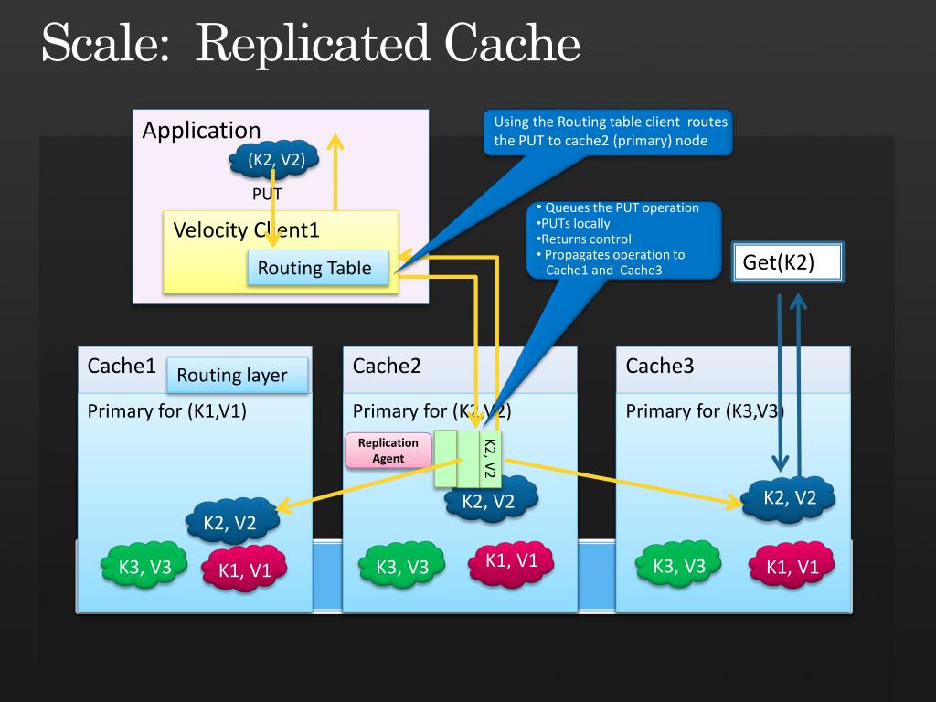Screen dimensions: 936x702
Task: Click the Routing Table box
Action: tap(318, 268)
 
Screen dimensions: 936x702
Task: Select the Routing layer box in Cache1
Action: tap(237, 375)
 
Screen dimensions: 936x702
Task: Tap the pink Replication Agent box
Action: tap(388, 450)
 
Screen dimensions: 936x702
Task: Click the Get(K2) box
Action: tap(787, 262)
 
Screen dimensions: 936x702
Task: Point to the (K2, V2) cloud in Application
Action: tap(274, 159)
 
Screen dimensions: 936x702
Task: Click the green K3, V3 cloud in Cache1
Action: tap(144, 565)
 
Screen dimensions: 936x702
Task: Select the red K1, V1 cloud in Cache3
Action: tap(792, 565)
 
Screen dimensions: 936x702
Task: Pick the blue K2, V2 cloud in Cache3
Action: tap(788, 498)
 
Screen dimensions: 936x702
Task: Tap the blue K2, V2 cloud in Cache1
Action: tap(232, 522)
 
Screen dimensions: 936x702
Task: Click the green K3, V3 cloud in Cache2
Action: tap(402, 565)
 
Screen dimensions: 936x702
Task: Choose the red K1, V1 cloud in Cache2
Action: tap(511, 562)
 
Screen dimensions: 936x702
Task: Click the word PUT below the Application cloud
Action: tap(266, 194)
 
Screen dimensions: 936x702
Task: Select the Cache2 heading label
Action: tap(387, 366)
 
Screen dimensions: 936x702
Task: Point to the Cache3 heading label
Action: tap(660, 366)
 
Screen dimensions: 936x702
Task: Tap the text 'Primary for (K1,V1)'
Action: tap(167, 411)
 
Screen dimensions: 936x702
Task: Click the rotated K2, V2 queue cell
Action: tap(490, 459)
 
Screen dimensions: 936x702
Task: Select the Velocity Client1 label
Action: tap(246, 229)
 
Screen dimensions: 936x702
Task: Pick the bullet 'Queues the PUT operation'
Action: tap(618, 207)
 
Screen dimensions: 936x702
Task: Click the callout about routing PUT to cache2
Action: tap(608, 132)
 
